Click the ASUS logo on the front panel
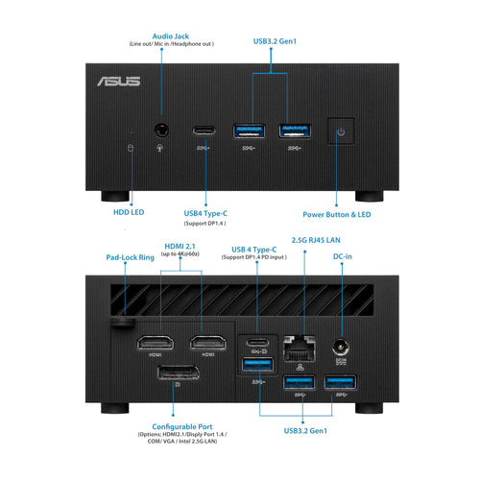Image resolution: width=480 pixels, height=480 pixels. [117, 82]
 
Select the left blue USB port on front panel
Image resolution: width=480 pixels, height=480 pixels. [249, 131]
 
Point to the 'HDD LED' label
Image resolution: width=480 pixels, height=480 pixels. [130, 214]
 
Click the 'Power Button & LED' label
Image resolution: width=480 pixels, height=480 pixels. [337, 214]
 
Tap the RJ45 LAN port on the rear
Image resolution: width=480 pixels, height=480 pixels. [300, 343]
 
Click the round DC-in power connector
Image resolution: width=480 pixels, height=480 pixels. [338, 347]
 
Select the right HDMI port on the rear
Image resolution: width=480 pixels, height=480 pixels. [207, 343]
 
